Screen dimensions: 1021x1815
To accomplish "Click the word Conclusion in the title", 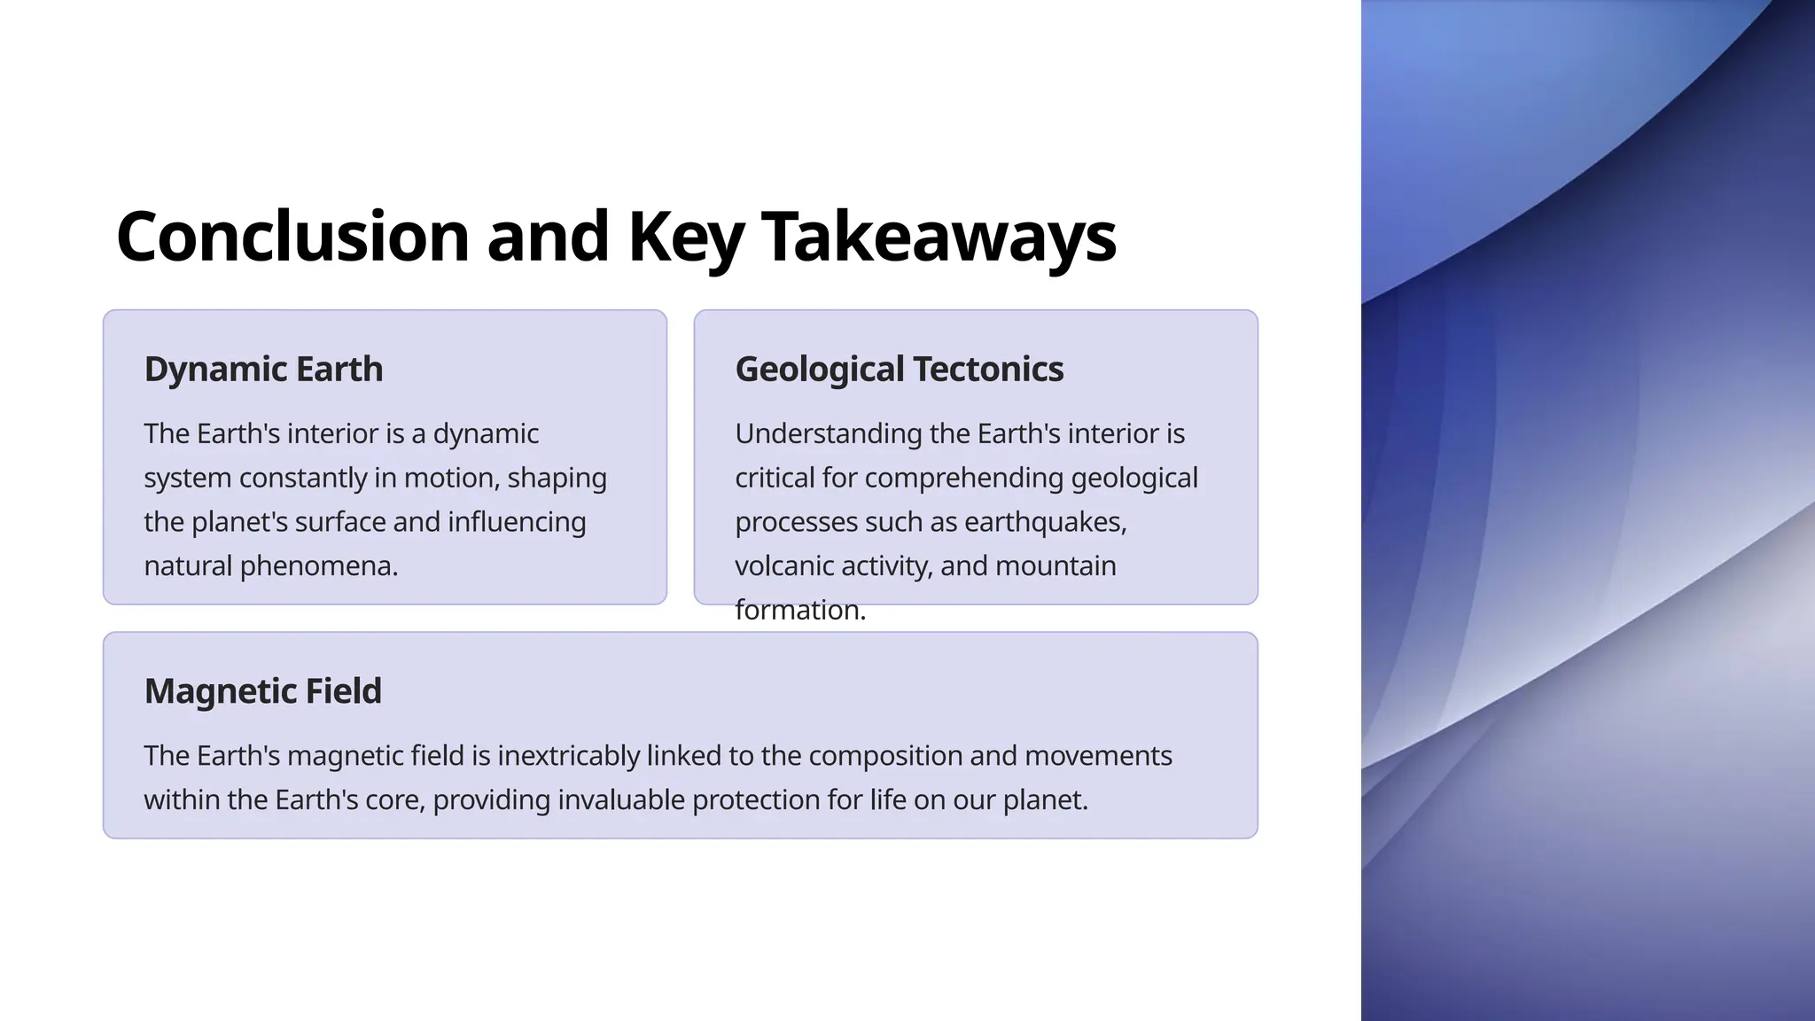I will (292, 237).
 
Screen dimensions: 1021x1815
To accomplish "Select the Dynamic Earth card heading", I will (263, 369).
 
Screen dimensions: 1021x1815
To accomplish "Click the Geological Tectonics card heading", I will (899, 369).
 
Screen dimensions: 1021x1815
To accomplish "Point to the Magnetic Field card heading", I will (262, 691).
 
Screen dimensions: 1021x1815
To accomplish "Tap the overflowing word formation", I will (799, 610).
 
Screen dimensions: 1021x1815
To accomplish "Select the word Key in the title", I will (685, 237).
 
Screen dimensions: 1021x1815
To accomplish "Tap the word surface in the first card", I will (339, 522).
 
